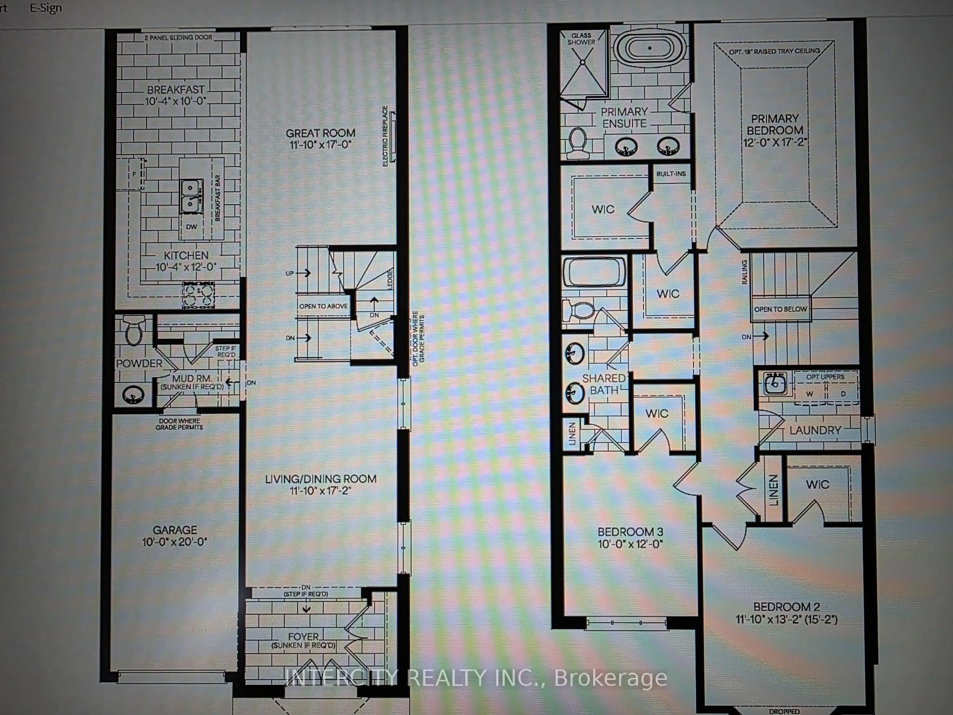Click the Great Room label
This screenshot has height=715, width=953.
pyautogui.click(x=321, y=133)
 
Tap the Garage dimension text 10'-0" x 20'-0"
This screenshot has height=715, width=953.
pyautogui.click(x=174, y=542)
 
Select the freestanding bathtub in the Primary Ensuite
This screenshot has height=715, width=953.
pyautogui.click(x=649, y=48)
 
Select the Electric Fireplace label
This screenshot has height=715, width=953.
pyautogui.click(x=385, y=136)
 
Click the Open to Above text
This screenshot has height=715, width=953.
pyautogui.click(x=323, y=306)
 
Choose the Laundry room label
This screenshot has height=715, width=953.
pyautogui.click(x=815, y=430)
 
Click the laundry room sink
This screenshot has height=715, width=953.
pyautogui.click(x=775, y=383)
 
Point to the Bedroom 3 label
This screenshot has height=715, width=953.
pyautogui.click(x=630, y=532)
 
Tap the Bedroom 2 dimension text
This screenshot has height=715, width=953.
pyautogui.click(x=786, y=620)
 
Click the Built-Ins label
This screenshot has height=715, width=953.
pyautogui.click(x=671, y=174)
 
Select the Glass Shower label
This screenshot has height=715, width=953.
pyautogui.click(x=581, y=39)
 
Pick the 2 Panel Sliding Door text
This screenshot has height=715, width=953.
pyautogui.click(x=178, y=37)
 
